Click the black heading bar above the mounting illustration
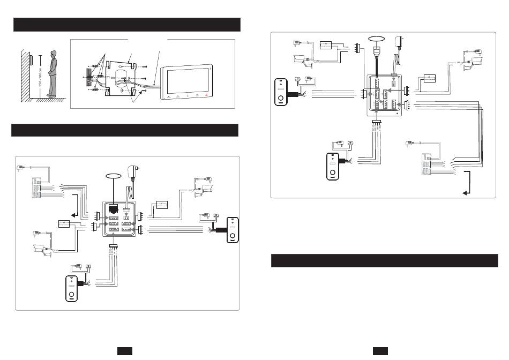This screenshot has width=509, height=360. click(x=126, y=25)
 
